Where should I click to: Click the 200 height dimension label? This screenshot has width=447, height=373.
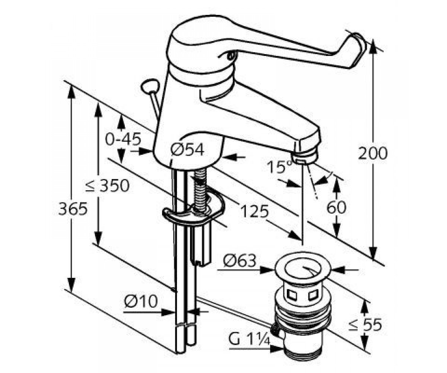point(373,153)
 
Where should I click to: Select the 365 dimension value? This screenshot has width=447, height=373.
point(73,209)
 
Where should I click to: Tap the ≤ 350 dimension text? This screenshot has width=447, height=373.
point(107,185)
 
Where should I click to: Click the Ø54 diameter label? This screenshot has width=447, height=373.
point(187,149)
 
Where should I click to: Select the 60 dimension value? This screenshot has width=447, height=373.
point(336,207)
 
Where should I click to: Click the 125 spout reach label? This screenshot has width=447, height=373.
point(254,211)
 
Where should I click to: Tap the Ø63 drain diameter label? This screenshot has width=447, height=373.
point(240,261)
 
